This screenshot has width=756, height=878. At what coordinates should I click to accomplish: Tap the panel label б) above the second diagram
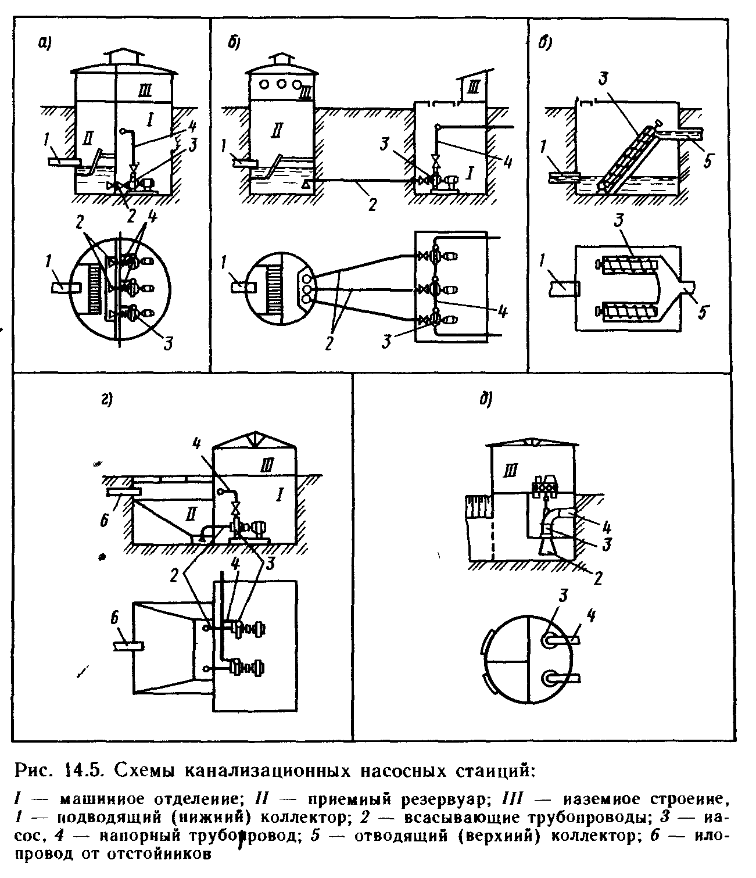tap(234, 42)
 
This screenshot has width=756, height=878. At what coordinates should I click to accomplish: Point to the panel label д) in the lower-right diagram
tap(485, 400)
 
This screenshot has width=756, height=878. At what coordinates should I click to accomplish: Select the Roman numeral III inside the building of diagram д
tap(510, 471)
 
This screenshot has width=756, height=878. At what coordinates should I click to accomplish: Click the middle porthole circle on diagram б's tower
tap(281, 83)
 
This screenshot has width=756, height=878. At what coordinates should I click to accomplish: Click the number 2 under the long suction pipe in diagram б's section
tap(372, 204)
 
